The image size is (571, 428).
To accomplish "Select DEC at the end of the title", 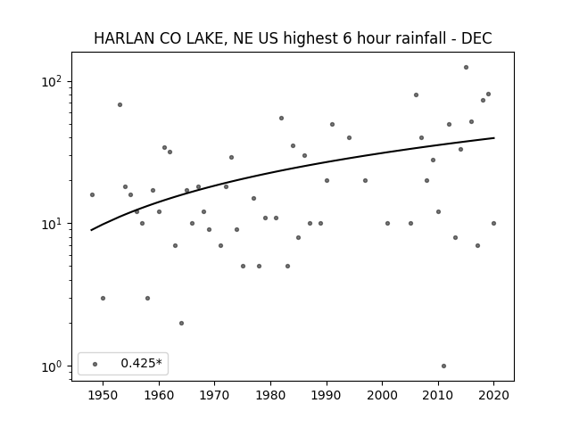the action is [x=476, y=38].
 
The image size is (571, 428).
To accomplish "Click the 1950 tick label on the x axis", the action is [x=103, y=395].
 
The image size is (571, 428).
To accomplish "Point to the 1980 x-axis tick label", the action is [x=270, y=395].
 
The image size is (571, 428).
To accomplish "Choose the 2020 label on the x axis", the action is [x=493, y=395].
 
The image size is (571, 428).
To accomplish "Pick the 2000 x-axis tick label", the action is [x=382, y=395].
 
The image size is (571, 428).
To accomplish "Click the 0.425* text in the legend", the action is [x=141, y=363].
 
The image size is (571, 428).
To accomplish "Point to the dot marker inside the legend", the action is [x=95, y=364].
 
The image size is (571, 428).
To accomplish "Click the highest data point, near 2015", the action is [x=466, y=68].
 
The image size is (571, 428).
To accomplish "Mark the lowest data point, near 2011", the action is [x=443, y=366].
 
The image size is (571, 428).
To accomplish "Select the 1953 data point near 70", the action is [x=120, y=105].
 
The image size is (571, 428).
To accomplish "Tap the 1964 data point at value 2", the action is [x=181, y=323].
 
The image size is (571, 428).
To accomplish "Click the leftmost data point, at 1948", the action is [x=92, y=195].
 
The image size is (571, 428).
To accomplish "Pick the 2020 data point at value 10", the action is [x=493, y=224].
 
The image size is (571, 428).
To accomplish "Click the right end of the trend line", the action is [x=494, y=138].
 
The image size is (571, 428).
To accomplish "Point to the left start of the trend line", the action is [x=91, y=230].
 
